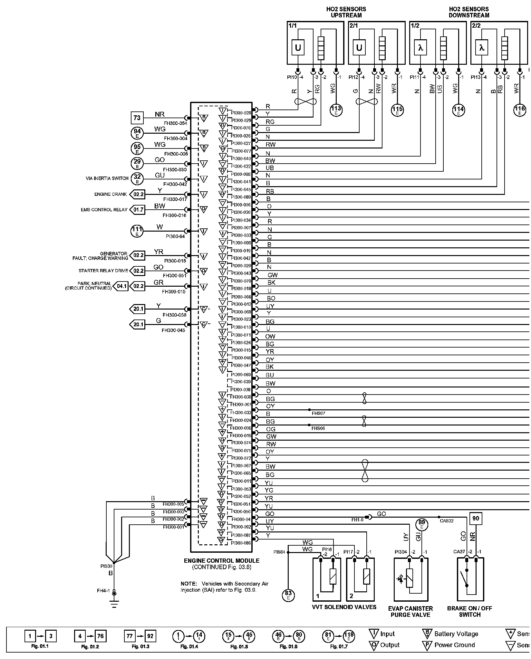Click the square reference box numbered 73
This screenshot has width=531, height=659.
pos(137,118)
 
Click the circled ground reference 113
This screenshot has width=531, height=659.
pos(336,110)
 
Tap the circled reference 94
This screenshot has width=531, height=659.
pos(137,133)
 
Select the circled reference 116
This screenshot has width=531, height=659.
pos(519,110)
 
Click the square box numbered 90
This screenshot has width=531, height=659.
pos(476,518)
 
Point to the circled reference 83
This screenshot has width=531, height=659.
pos(288,594)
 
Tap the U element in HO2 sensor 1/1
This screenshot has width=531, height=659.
pos(298,48)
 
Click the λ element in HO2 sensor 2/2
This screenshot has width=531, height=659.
pos(482,48)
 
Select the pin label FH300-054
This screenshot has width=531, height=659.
pos(176,123)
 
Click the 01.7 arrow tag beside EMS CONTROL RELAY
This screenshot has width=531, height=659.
pos(138,210)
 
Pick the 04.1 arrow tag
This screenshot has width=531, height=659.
pos(121,286)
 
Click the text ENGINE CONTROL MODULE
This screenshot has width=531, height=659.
pos(221,561)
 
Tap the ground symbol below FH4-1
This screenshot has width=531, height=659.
pos(113,604)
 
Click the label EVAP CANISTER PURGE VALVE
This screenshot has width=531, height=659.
pos(410,611)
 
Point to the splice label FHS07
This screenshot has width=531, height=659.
pos(318,413)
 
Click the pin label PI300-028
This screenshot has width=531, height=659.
pos(241,113)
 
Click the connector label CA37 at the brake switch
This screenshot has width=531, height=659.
pos(459,552)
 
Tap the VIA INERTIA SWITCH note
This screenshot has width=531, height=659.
pos(107,178)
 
